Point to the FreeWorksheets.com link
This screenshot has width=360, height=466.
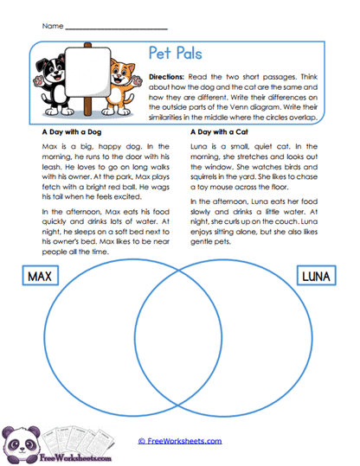180,440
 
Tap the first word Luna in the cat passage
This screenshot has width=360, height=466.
198,148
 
